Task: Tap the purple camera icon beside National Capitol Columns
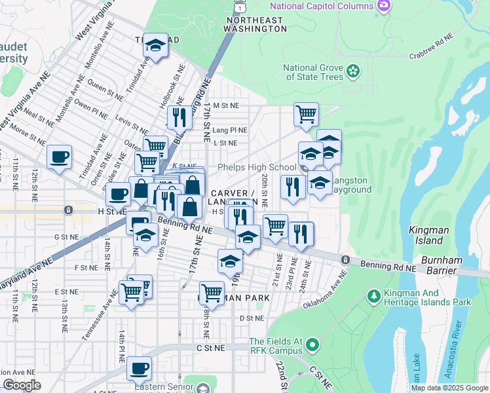[385, 6]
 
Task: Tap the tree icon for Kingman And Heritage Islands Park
[374, 297]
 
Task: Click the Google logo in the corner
[22, 385]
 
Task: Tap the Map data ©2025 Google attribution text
[449, 388]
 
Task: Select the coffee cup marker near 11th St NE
[59, 157]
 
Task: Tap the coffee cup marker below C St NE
[139, 369]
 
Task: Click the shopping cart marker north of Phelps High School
[306, 115]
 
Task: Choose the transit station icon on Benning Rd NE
[345, 260]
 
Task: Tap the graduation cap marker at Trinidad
[155, 45]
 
